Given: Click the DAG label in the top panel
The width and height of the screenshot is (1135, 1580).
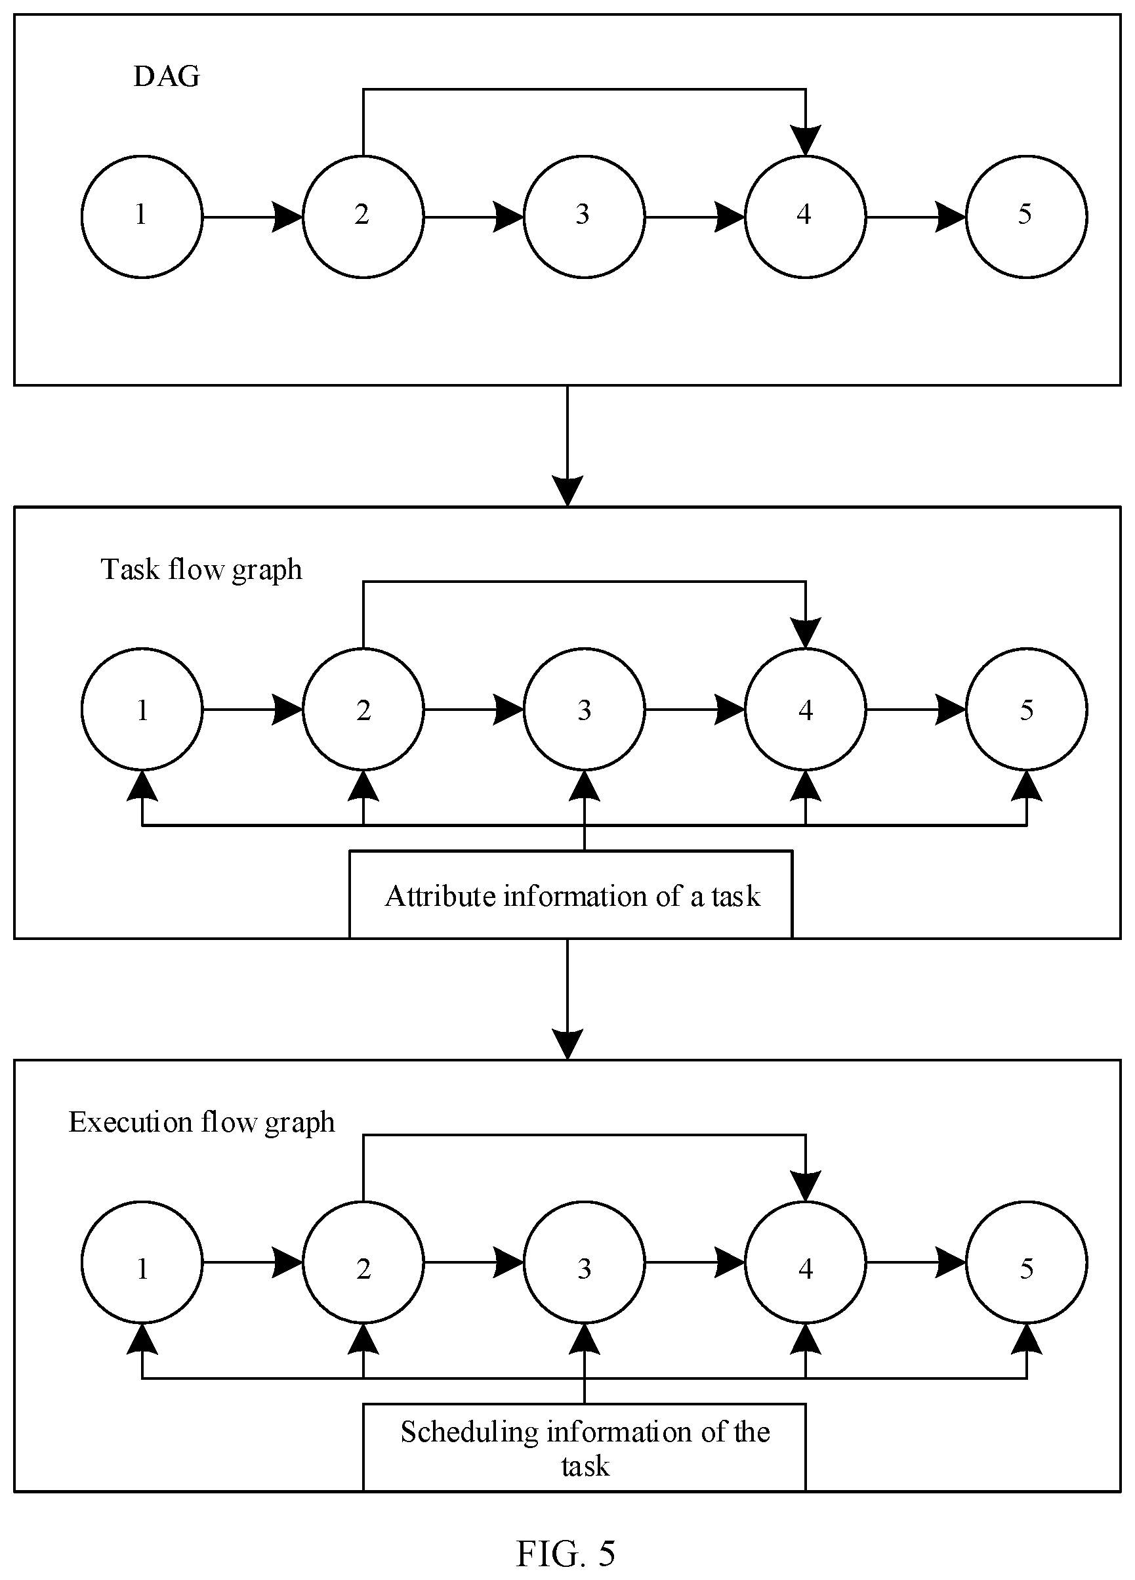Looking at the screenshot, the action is [x=167, y=76].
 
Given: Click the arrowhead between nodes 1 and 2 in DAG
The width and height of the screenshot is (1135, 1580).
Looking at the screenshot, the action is [x=287, y=217].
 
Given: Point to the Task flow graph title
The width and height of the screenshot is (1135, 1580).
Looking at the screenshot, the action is [x=202, y=570].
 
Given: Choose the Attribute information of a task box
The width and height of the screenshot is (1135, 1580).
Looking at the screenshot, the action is [x=571, y=894].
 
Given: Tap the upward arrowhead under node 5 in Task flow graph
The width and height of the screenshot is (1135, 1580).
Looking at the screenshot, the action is [x=1026, y=785].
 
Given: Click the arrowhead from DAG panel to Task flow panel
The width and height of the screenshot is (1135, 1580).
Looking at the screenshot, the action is [x=567, y=491].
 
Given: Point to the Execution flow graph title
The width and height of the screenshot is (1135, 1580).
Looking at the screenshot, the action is [x=202, y=1122].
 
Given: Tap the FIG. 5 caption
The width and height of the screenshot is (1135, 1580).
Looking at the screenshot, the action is [x=566, y=1553].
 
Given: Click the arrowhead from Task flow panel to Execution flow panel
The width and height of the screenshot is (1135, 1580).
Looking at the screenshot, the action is [x=567, y=1044].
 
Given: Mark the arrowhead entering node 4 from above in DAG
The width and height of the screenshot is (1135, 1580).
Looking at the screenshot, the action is [x=806, y=140].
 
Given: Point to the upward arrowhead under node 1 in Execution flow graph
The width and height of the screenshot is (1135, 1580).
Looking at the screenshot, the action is [x=142, y=1338].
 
